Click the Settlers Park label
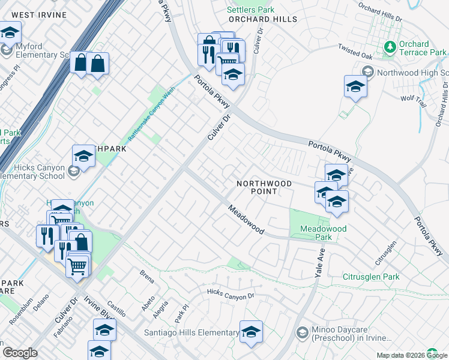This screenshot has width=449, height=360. pos(250,10)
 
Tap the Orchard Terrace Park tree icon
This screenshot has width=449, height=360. pos(390,46)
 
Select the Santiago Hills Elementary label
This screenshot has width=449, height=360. pos(183,332)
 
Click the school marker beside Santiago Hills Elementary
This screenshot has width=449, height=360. pos(251,332)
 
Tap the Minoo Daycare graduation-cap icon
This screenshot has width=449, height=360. pos(302,332)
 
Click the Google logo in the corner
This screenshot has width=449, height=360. pos(19,353)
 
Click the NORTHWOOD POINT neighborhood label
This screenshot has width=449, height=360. pos(264,187)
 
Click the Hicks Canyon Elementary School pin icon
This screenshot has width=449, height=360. pos(73,172)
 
